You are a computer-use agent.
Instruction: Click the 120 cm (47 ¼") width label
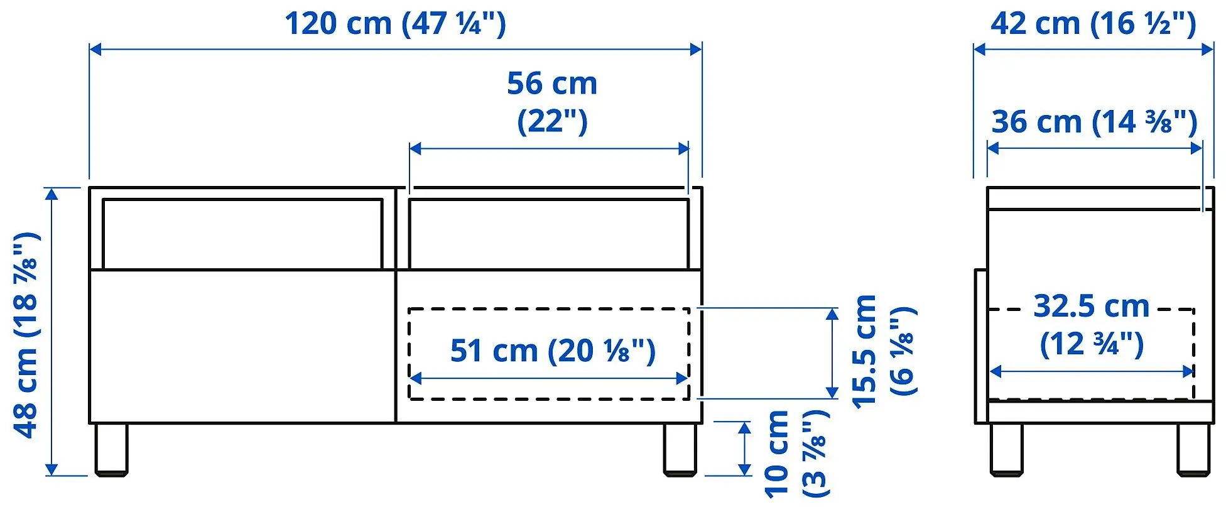coord(395,24)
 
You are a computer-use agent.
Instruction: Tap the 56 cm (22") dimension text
coord(551,102)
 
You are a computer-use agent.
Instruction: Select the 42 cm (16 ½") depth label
coord(1093,24)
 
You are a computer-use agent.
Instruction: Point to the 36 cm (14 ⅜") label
coord(1094,122)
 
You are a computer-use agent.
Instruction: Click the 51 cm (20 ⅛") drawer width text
coord(552,351)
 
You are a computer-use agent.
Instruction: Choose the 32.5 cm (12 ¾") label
coord(1092,324)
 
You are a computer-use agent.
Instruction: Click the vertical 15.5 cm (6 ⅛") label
coord(883,352)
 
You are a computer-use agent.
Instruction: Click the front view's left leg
coord(111,449)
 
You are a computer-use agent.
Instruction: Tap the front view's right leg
coord(680,449)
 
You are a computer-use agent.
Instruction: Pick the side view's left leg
coord(1006,449)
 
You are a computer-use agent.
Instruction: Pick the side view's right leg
coord(1193,449)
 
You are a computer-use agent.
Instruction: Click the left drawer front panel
coord(242,346)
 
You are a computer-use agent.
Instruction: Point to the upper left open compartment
coord(242,234)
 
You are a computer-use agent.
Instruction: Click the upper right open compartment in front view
coord(548,234)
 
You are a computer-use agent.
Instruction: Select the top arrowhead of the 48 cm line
coord(52,194)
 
